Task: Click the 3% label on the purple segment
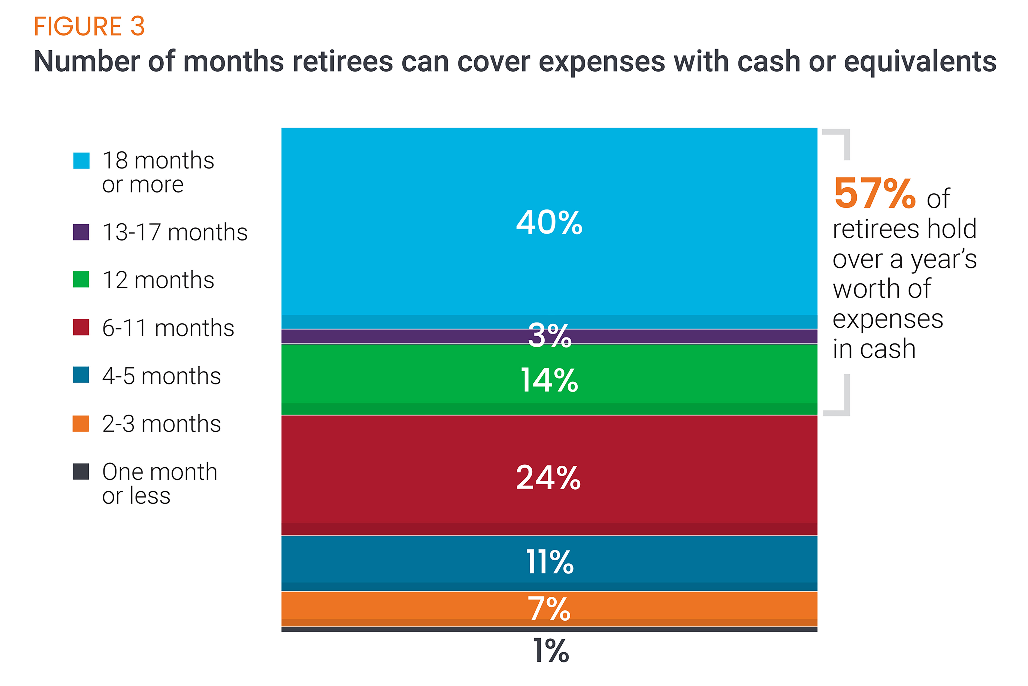549,335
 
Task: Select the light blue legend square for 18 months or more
81,161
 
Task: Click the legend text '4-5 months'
161,376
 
